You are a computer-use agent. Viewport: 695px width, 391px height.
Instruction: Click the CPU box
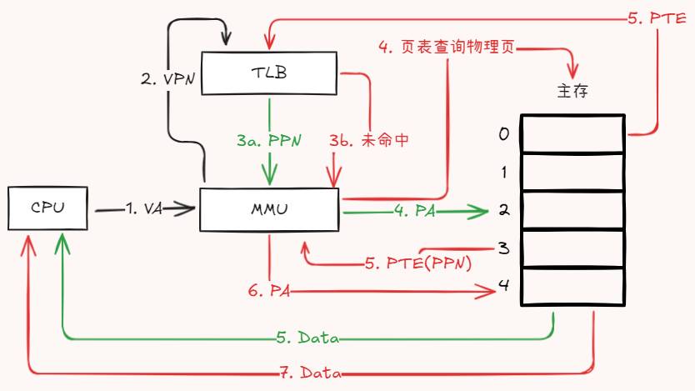pyautogui.click(x=47, y=208)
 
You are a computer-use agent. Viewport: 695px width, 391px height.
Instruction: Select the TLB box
pyautogui.click(x=268, y=73)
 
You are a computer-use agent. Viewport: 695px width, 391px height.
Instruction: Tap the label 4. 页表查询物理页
pyautogui.click(x=447, y=48)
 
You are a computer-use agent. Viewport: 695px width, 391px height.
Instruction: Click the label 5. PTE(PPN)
pyautogui.click(x=418, y=263)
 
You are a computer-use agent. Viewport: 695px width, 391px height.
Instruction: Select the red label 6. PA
pyautogui.click(x=268, y=291)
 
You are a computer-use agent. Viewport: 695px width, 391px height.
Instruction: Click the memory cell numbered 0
pyautogui.click(x=573, y=134)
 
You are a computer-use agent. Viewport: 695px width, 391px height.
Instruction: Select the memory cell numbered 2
pyautogui.click(x=573, y=211)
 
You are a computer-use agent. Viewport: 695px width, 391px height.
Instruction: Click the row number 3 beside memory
pyautogui.click(x=503, y=248)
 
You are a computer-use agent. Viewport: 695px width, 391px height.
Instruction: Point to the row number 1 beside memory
pyautogui.click(x=503, y=173)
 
